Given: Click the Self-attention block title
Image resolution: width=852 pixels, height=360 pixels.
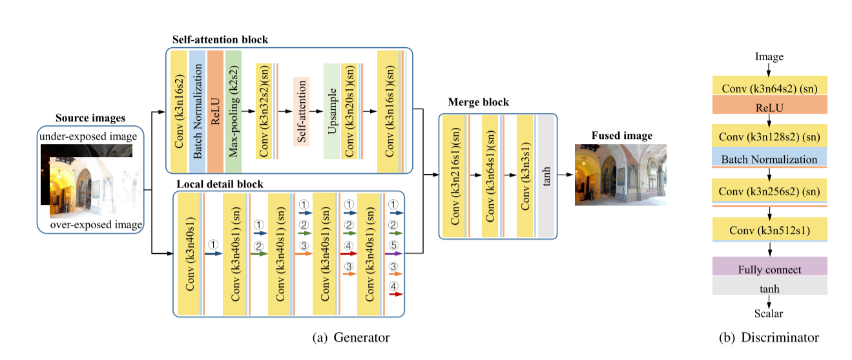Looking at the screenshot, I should [x=220, y=40].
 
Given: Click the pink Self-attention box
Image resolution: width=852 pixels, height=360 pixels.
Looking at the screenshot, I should [x=301, y=111].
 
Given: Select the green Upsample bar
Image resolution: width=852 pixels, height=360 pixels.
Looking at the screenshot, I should [x=331, y=111].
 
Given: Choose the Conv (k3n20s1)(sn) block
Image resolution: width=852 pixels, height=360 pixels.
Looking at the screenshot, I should [x=349, y=111].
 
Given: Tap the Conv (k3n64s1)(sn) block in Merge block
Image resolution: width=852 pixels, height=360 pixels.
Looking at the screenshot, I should [x=491, y=176].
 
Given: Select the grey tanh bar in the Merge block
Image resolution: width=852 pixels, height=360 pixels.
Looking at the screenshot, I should [x=546, y=176].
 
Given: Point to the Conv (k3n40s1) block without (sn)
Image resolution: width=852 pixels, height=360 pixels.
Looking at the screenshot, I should [x=189, y=253].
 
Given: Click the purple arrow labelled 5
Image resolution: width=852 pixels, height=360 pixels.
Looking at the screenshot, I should [x=393, y=254].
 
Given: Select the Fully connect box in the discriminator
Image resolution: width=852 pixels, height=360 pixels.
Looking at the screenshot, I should [x=769, y=269].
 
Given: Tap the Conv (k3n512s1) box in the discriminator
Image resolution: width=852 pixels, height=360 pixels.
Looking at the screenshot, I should [x=769, y=229].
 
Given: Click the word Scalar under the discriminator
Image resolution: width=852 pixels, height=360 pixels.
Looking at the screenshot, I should [x=769, y=314].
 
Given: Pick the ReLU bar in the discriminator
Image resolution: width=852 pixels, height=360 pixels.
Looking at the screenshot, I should [x=769, y=107].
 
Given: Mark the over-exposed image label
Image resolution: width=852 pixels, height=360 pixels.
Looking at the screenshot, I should [x=96, y=225].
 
